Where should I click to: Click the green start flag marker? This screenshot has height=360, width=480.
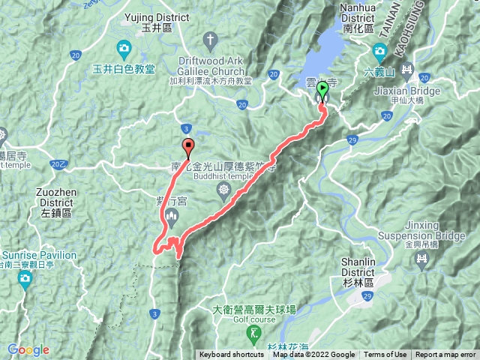click(x=322, y=91)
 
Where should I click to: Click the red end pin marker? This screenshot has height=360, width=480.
click(x=187, y=146)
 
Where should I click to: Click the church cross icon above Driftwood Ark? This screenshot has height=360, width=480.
click(x=211, y=39)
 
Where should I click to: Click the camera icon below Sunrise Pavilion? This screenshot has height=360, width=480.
click(x=25, y=280)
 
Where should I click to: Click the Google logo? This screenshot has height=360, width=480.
click(x=28, y=349)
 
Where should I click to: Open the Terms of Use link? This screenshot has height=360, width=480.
click(x=385, y=355)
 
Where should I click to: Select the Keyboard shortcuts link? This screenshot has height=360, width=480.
click(x=232, y=355)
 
